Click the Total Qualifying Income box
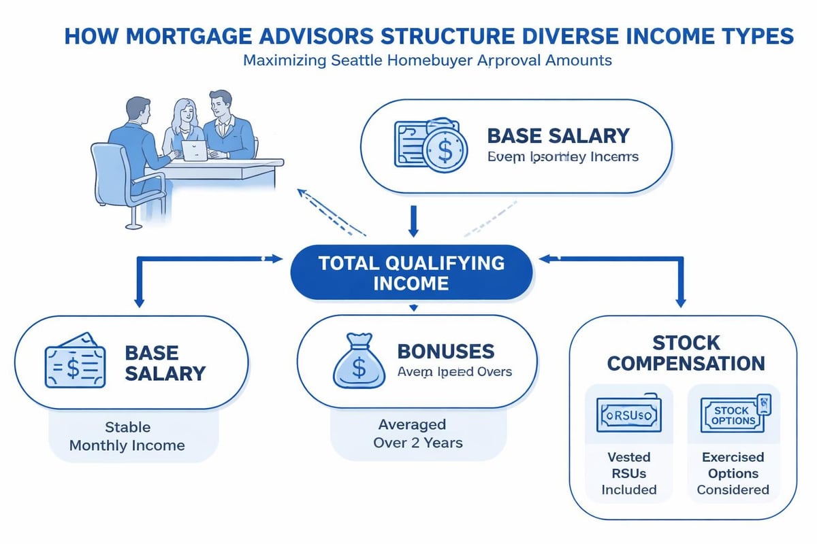pos(411,273)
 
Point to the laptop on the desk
pos(194,151)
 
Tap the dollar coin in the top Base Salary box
pos(445,150)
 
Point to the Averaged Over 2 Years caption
pos(412,434)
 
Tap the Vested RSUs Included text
pos(628,473)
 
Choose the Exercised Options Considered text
pos(733,473)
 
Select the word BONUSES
pos(445,352)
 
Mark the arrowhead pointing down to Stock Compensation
pos(679,301)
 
